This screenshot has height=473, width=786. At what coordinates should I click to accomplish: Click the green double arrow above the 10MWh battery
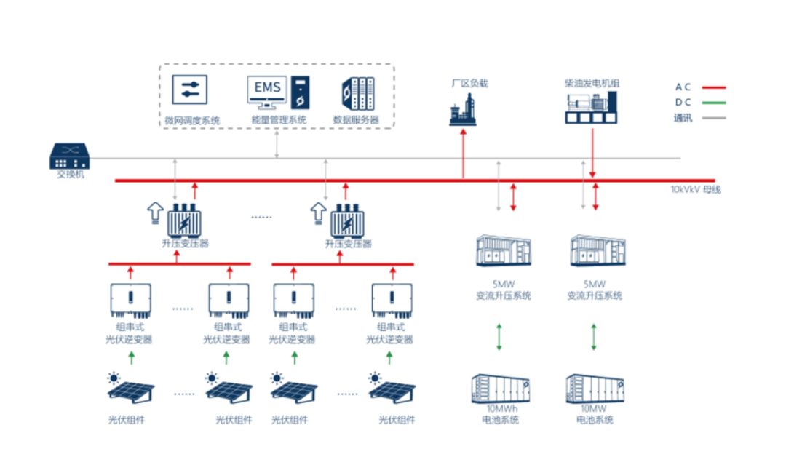click(x=499, y=337)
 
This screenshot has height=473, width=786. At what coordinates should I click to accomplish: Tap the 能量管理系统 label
click(x=279, y=120)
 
